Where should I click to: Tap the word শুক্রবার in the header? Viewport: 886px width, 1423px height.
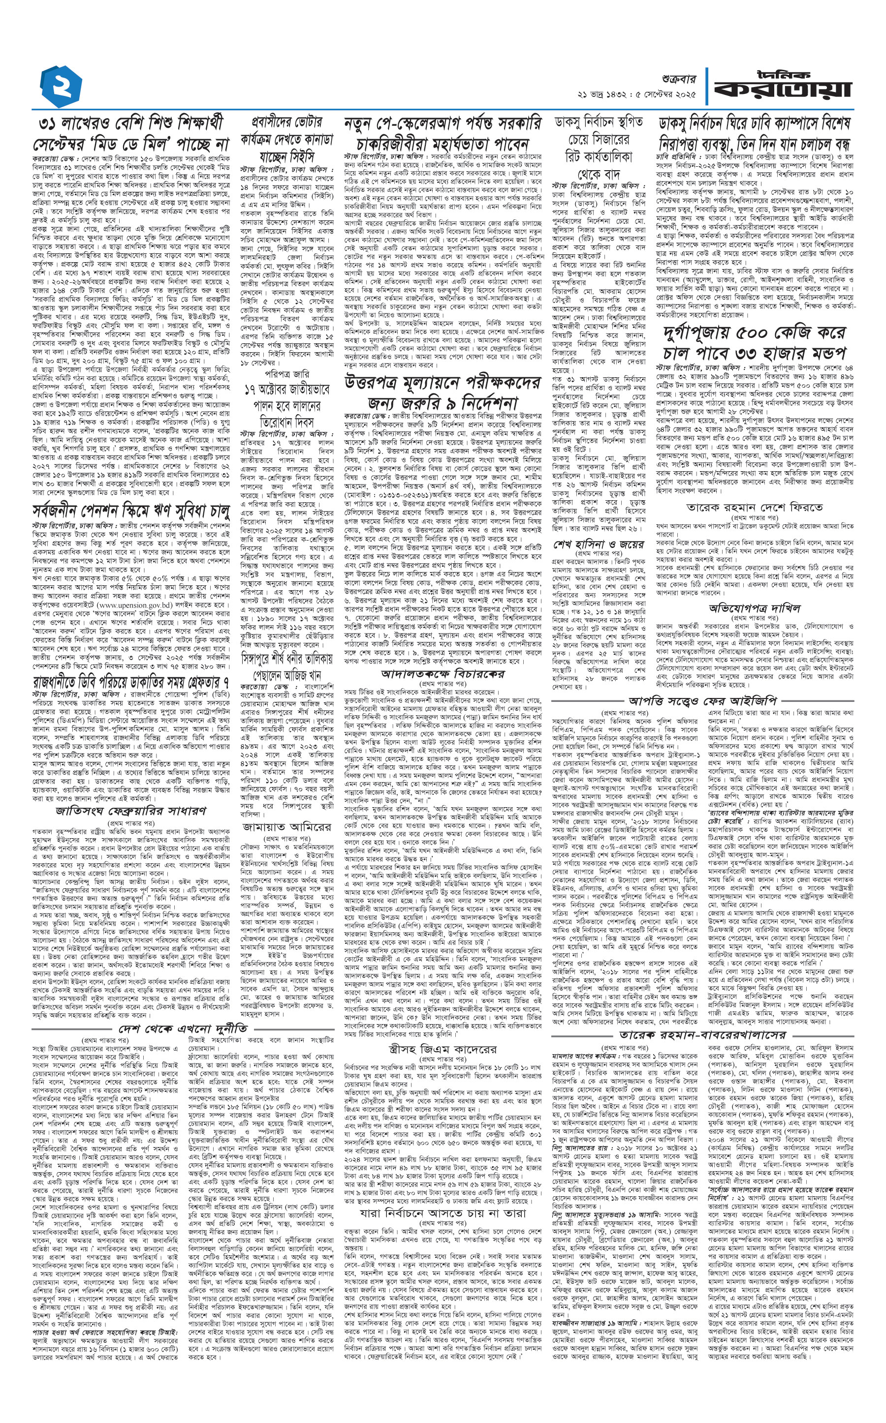pos(676,76)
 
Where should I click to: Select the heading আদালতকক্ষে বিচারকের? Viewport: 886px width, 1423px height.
pos(443,674)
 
